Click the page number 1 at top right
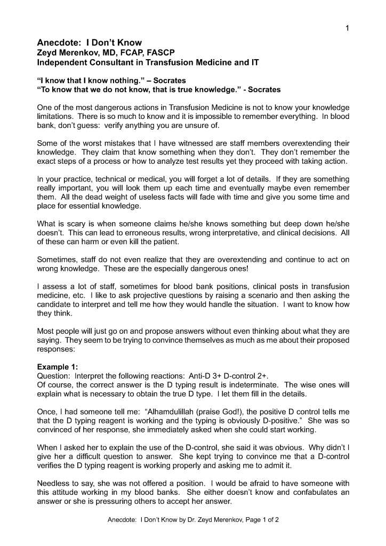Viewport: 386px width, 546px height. tap(347, 28)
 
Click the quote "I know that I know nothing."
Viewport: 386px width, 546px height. tap(89, 79)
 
